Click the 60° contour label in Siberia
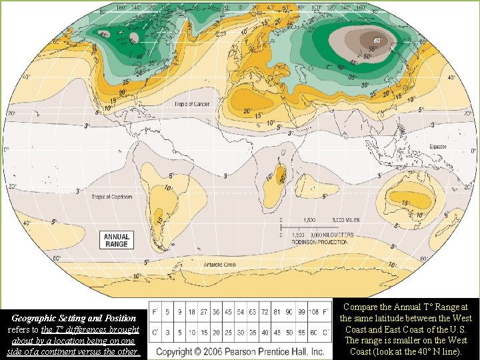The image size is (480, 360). click(378, 41)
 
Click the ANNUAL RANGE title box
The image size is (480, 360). click(116, 240)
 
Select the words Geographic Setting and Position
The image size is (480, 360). click(74, 319)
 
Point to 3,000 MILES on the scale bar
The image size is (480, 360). click(347, 219)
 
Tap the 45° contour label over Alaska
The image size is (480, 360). click(103, 35)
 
